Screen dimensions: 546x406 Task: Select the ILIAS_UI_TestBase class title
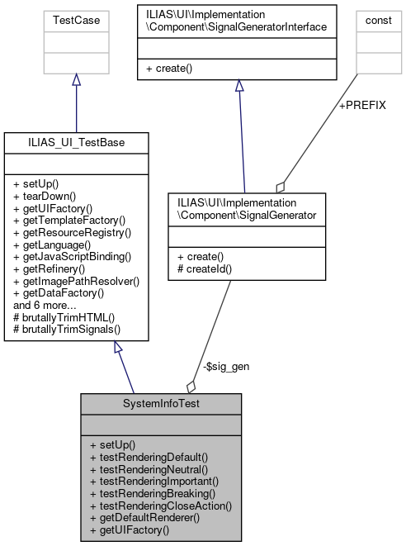point(76,143)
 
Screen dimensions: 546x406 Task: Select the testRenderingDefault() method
point(149,456)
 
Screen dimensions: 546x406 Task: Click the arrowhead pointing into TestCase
point(76,80)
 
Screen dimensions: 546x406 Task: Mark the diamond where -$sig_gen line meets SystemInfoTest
point(191,386)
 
